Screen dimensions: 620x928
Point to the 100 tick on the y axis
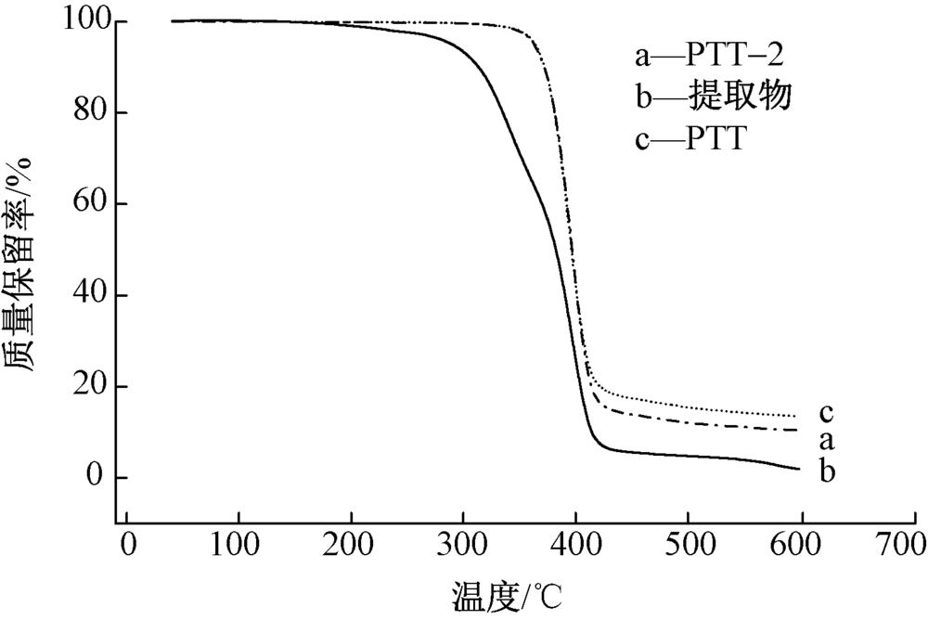(x=85, y=21)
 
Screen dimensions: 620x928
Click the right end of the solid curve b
(x=799, y=469)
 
